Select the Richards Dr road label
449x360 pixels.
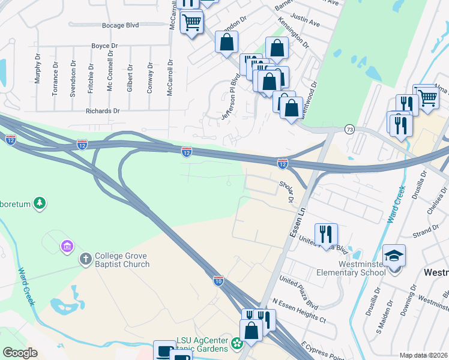[x=103, y=111]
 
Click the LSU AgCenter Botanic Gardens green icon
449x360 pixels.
[x=237, y=344]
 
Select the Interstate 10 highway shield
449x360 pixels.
[x=218, y=281]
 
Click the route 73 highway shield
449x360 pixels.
[x=349, y=129]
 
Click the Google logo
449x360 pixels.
[x=20, y=353]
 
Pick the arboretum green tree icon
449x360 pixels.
[x=40, y=203]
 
